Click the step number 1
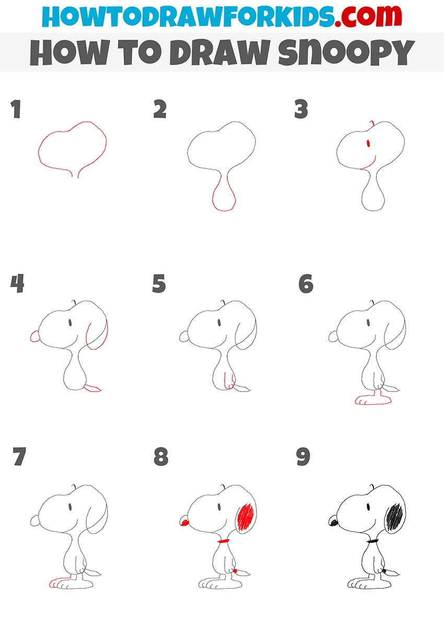point(16,109)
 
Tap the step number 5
point(159,283)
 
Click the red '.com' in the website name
point(368,16)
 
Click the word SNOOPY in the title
point(346,53)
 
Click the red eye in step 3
point(368,144)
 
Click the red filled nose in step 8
point(185,523)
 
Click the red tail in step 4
point(93,388)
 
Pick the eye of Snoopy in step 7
point(70,506)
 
